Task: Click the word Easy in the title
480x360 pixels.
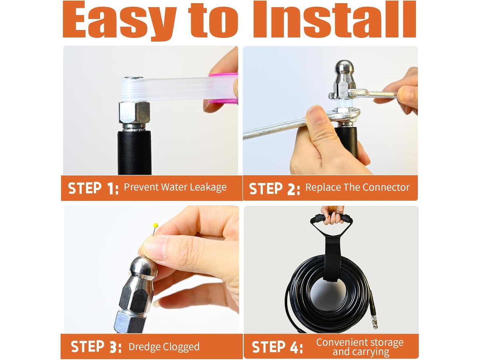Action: tap(119, 21)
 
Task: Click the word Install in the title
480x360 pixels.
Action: tap(334, 19)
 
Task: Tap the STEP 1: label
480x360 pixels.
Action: tap(93, 188)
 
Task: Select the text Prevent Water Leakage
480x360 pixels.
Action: tap(175, 188)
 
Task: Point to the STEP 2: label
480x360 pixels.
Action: tap(274, 188)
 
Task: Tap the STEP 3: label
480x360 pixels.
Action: tap(96, 346)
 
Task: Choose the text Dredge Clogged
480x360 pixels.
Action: tap(164, 347)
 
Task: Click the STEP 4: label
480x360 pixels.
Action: tap(277, 347)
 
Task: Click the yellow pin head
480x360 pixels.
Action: tap(156, 225)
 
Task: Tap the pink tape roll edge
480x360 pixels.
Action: tap(223, 88)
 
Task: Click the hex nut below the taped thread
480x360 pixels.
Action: tap(134, 113)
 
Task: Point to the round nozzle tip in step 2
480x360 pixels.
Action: tap(345, 67)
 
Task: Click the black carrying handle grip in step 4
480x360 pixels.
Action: tap(331, 218)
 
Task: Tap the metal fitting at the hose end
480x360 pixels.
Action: tap(374, 321)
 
